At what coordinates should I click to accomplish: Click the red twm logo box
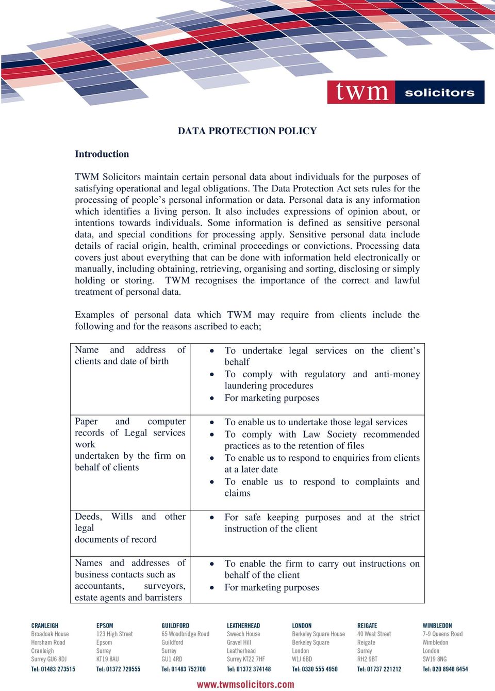click(x=361, y=92)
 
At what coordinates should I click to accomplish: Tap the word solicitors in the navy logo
click(x=439, y=93)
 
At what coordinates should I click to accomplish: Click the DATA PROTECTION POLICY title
click(x=247, y=131)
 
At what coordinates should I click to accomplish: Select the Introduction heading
click(x=102, y=154)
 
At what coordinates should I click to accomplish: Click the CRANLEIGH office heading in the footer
click(x=45, y=625)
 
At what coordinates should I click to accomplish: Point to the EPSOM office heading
click(x=105, y=625)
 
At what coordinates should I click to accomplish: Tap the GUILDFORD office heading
click(x=175, y=625)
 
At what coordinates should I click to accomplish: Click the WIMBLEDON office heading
click(x=437, y=625)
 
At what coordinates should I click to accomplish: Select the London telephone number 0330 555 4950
click(x=315, y=669)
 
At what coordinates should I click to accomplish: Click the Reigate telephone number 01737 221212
click(x=379, y=669)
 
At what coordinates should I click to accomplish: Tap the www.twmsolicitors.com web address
click(x=245, y=684)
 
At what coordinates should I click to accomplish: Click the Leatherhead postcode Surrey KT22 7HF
click(x=245, y=659)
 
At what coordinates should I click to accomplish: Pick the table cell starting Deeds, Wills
click(x=130, y=528)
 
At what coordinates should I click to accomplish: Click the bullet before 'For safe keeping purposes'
click(x=211, y=517)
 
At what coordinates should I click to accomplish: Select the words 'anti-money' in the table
click(x=397, y=374)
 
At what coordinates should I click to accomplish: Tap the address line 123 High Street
click(x=114, y=634)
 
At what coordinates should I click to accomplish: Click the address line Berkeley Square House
click(x=318, y=634)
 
